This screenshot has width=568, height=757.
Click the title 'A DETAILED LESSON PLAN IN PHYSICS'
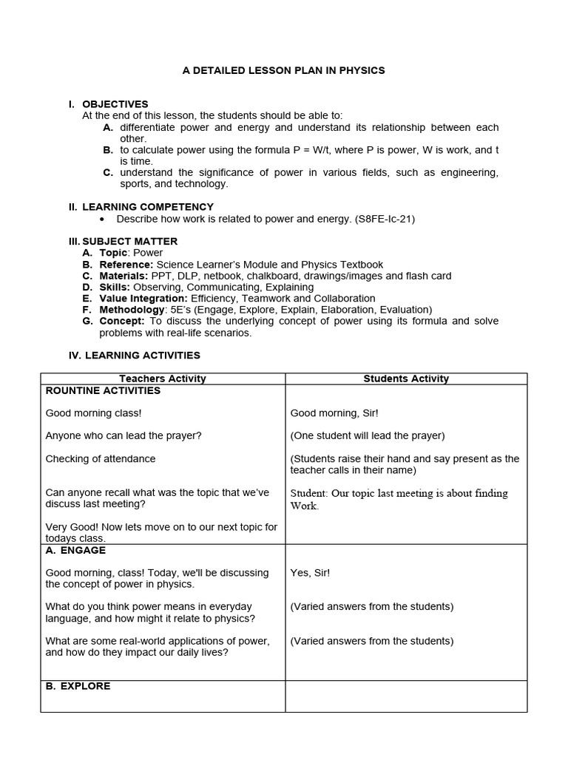click(x=284, y=70)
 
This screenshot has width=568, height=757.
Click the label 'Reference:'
click(x=126, y=265)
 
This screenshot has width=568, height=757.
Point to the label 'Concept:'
click(x=122, y=321)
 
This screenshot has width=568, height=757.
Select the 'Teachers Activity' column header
click(x=163, y=378)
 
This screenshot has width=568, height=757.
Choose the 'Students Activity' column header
click(x=406, y=378)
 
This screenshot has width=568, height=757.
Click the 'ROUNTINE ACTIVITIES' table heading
click(x=103, y=390)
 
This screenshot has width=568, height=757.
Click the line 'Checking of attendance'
click(x=101, y=459)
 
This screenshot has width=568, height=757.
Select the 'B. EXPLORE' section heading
click(x=78, y=686)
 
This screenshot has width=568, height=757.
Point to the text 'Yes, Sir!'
click(x=311, y=573)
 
